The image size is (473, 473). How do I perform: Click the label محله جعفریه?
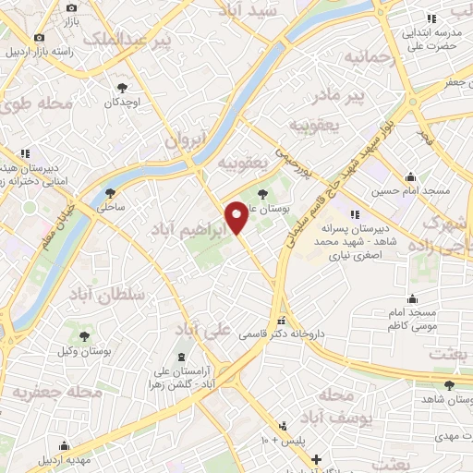coord(56,392)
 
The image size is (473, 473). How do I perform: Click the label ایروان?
coord(184,140)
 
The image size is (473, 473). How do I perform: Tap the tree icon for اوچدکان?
coord(122,88)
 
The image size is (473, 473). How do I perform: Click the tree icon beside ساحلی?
coord(112,193)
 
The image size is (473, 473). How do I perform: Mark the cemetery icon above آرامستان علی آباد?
coord(180,357)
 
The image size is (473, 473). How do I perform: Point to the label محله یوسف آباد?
coord(349,406)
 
